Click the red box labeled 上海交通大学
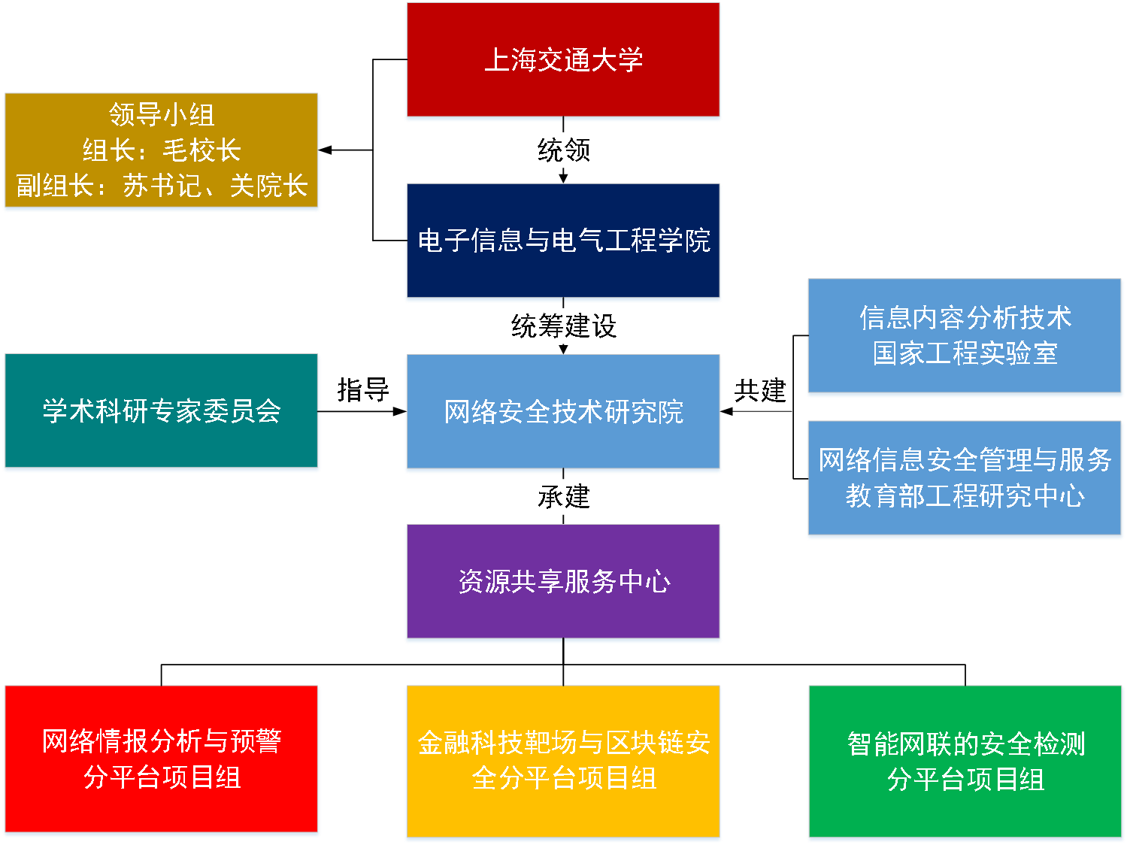[562, 59]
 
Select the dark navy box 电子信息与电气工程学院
[562, 241]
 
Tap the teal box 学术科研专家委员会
[161, 410]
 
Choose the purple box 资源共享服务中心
[562, 581]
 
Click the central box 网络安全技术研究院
[562, 411]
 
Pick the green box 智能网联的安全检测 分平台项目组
[965, 761]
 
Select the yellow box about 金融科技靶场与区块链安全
[562, 761]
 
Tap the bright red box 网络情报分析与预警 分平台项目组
[161, 759]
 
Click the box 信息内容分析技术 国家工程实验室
[965, 335]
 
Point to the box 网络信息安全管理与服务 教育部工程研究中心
[965, 477]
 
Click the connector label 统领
[563, 150]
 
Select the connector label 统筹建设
[563, 326]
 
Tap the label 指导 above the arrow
[363, 389]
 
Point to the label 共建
[760, 390]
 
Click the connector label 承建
[563, 496]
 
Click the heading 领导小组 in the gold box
[161, 114]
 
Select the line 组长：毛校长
[161, 150]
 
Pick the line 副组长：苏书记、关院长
[161, 186]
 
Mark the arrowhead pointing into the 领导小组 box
[325, 150]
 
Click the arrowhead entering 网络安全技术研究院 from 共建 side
[726, 411]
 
